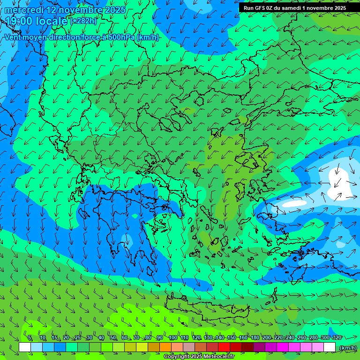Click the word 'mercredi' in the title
click(24, 10)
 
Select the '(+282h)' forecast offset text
click(84, 21)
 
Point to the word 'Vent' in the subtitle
click(14, 37)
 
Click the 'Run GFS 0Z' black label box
click(295, 8)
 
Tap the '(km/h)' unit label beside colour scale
click(348, 347)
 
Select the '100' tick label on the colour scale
click(172, 337)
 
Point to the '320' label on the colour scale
click(337, 337)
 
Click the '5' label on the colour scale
click(30, 337)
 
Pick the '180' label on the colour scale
click(255, 337)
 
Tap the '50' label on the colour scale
click(113, 337)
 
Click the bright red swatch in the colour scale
click(224, 347)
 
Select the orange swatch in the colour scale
click(165, 347)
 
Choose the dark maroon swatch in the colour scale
click(247, 347)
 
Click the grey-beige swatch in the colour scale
click(189, 347)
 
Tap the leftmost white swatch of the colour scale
click(25, 347)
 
